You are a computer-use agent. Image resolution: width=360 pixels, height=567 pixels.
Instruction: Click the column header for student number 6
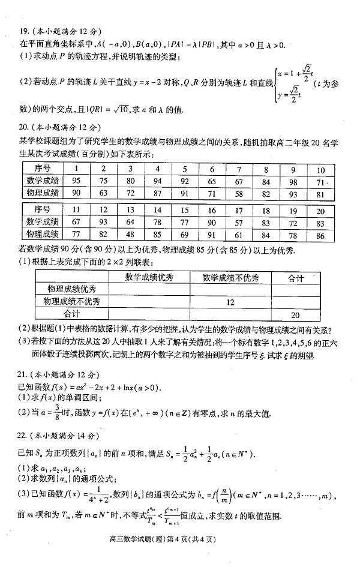212,169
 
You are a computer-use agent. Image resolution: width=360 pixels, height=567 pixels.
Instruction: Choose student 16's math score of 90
211,221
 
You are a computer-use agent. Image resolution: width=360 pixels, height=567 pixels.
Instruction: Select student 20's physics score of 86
320,233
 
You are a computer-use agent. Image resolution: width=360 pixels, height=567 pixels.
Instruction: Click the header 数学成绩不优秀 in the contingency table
230,278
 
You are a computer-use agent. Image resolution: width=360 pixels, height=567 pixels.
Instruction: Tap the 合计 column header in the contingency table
295,278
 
